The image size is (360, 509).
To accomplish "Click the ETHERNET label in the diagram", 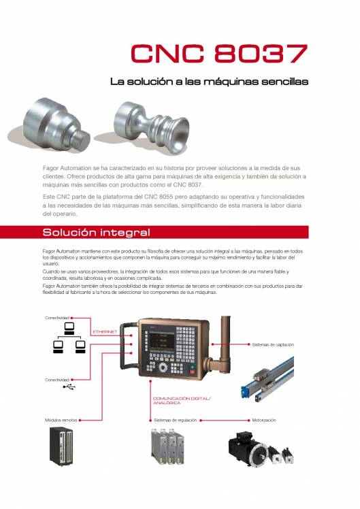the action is pyautogui.click(x=105, y=331).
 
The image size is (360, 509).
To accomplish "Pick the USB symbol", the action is pyautogui.click(x=69, y=387).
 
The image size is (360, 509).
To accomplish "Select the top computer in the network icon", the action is pyautogui.click(x=69, y=329).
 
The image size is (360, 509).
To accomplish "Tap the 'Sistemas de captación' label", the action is pyautogui.click(x=273, y=345).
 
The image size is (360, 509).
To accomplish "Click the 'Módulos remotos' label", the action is pyautogui.click(x=61, y=420).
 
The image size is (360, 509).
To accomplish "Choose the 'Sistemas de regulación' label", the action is pyautogui.click(x=175, y=420).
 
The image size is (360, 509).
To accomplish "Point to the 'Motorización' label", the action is pyautogui.click(x=264, y=420).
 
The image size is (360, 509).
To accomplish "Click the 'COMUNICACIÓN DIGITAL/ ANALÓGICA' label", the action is pyautogui.click(x=182, y=400).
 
